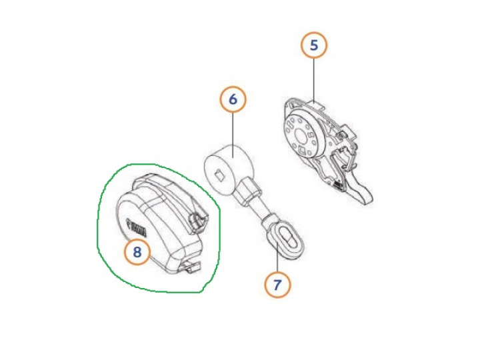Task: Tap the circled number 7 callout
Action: click(x=277, y=285)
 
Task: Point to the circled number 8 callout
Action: click(x=137, y=251)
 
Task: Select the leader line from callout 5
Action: click(x=313, y=80)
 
